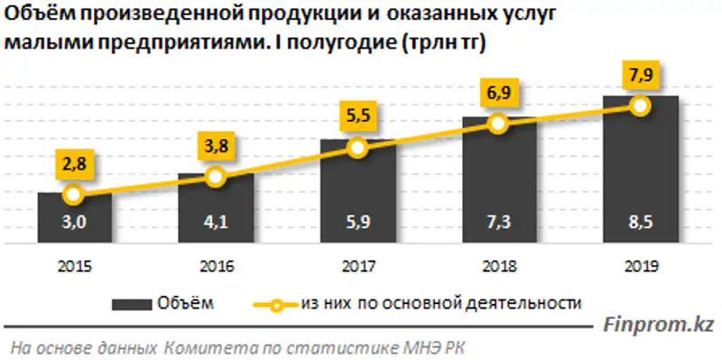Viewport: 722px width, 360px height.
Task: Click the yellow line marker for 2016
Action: click(x=216, y=177)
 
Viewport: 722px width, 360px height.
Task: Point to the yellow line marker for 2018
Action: click(x=499, y=125)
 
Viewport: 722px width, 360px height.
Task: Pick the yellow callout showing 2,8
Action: click(x=74, y=164)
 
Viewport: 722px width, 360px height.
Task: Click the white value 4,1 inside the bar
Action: click(x=216, y=226)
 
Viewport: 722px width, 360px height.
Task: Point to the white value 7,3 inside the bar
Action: click(x=499, y=226)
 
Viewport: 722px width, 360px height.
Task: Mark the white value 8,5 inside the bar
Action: click(x=641, y=226)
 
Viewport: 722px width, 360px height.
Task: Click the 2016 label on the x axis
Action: click(x=216, y=266)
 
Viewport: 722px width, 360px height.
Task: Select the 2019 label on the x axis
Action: click(x=641, y=266)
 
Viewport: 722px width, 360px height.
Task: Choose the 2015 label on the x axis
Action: click(x=74, y=266)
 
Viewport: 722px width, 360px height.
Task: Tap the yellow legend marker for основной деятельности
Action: click(x=282, y=302)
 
